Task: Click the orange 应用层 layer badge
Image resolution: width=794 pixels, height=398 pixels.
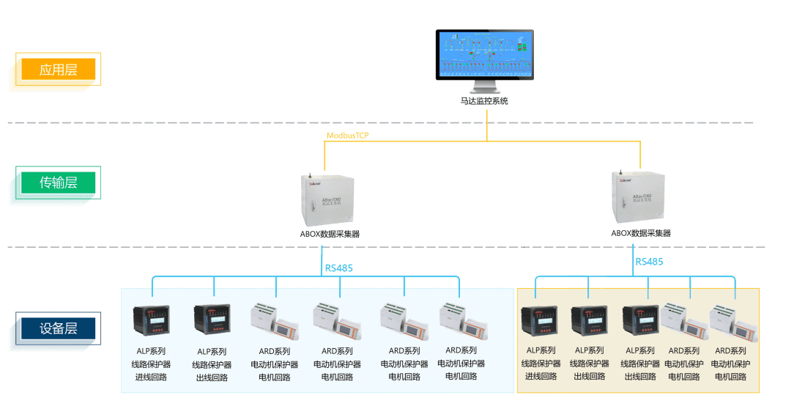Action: pyautogui.click(x=59, y=70)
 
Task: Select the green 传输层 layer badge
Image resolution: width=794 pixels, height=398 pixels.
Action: pyautogui.click(x=59, y=183)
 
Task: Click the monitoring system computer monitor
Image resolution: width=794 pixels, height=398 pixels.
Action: pyautogui.click(x=484, y=56)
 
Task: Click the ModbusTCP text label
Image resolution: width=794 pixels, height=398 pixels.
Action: pyautogui.click(x=348, y=136)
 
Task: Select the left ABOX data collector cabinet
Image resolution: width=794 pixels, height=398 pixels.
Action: pyautogui.click(x=324, y=199)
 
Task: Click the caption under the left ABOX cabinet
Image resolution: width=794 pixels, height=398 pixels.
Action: pyautogui.click(x=324, y=234)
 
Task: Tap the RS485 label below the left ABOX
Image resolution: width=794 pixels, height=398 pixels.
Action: pyautogui.click(x=339, y=268)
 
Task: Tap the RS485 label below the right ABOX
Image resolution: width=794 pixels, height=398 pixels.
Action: pyautogui.click(x=649, y=262)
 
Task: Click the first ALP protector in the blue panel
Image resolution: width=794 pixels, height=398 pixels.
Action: pyautogui.click(x=151, y=321)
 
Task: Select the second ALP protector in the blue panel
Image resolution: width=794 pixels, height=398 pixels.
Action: pyautogui.click(x=212, y=321)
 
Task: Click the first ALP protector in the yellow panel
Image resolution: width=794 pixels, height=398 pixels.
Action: pyautogui.click(x=540, y=323)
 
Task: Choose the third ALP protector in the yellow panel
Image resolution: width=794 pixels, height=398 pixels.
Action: pyautogui.click(x=641, y=323)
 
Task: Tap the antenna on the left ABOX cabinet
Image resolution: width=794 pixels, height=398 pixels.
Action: pyautogui.click(x=310, y=177)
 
